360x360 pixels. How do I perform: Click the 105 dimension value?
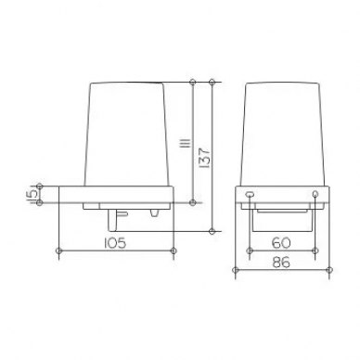click(x=115, y=243)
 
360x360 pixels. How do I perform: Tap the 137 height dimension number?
click(x=205, y=158)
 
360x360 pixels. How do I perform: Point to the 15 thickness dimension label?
click(x=32, y=194)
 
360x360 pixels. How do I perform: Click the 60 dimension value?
click(x=282, y=243)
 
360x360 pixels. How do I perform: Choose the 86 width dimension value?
click(x=282, y=263)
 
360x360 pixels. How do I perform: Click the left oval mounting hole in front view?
click(x=250, y=194)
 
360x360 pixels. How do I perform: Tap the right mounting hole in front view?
click(x=315, y=194)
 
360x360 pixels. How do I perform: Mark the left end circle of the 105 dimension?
click(x=58, y=251)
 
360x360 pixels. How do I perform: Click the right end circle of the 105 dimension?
click(x=174, y=251)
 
